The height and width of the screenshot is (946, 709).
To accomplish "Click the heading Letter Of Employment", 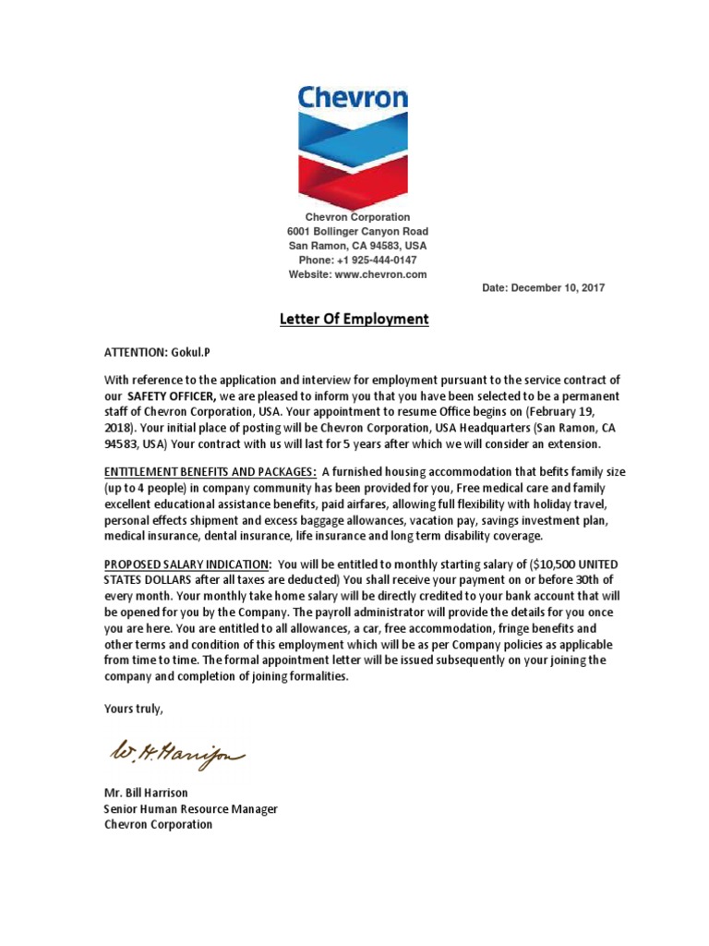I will tap(354, 320).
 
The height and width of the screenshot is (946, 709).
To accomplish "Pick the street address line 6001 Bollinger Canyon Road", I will tap(356, 231).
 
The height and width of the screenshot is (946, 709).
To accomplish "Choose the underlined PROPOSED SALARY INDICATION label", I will tap(187, 564).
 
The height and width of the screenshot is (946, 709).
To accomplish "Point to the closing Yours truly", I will tap(134, 709).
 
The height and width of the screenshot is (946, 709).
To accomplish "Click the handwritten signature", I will tap(176, 755).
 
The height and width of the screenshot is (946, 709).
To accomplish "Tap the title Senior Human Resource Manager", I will tap(190, 808).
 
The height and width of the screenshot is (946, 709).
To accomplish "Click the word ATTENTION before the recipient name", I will tap(136, 352).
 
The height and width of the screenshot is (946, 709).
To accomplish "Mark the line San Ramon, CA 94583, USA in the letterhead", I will tap(357, 246).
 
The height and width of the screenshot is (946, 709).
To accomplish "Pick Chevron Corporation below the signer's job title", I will tap(158, 824).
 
